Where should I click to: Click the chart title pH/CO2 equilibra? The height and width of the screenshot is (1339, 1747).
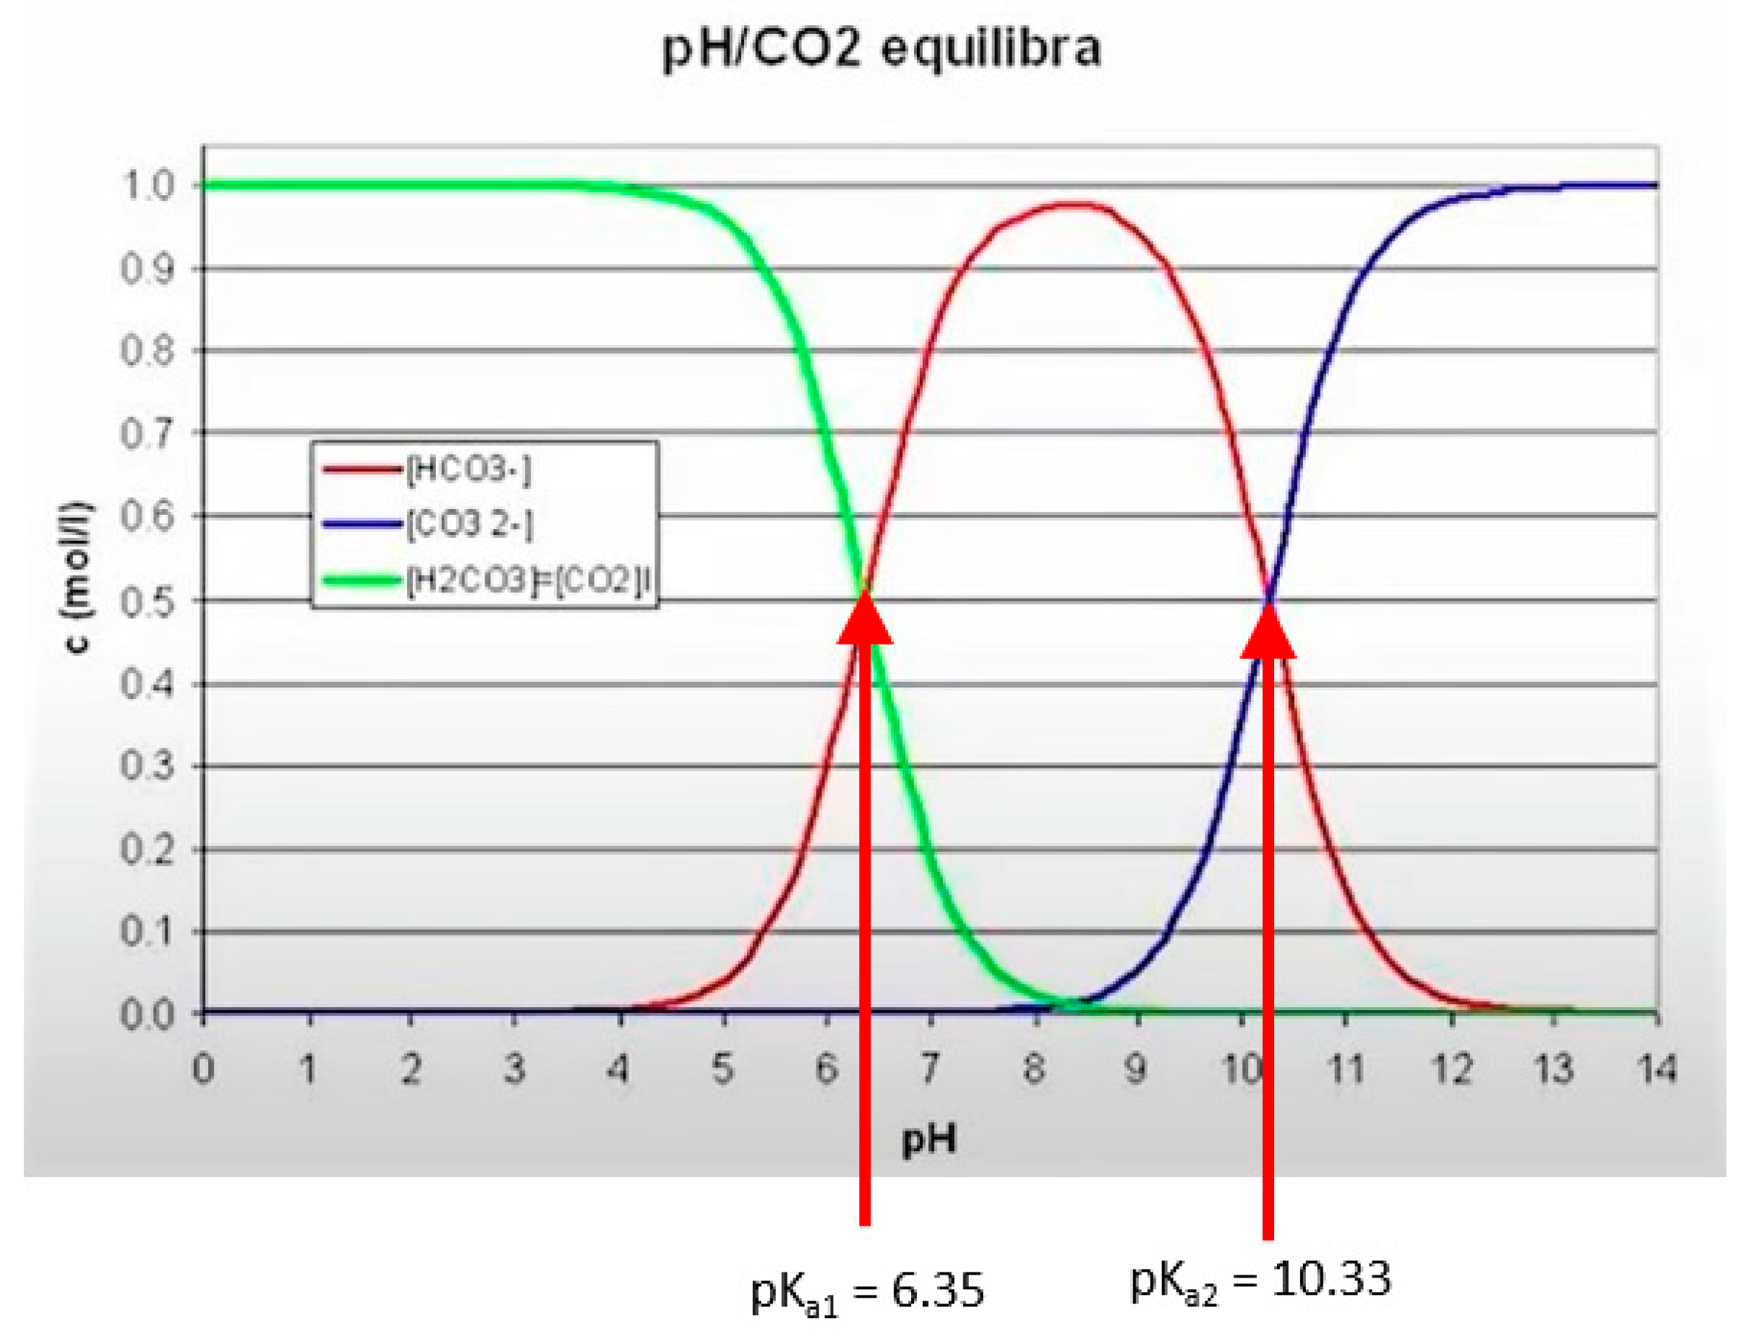881,49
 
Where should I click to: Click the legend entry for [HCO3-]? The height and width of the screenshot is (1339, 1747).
467,470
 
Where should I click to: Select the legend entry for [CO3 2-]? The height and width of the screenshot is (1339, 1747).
469,524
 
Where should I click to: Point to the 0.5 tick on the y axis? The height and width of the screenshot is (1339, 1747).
148,601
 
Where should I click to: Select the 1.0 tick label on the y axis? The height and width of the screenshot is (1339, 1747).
148,186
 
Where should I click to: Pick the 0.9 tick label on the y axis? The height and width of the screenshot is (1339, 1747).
148,270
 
